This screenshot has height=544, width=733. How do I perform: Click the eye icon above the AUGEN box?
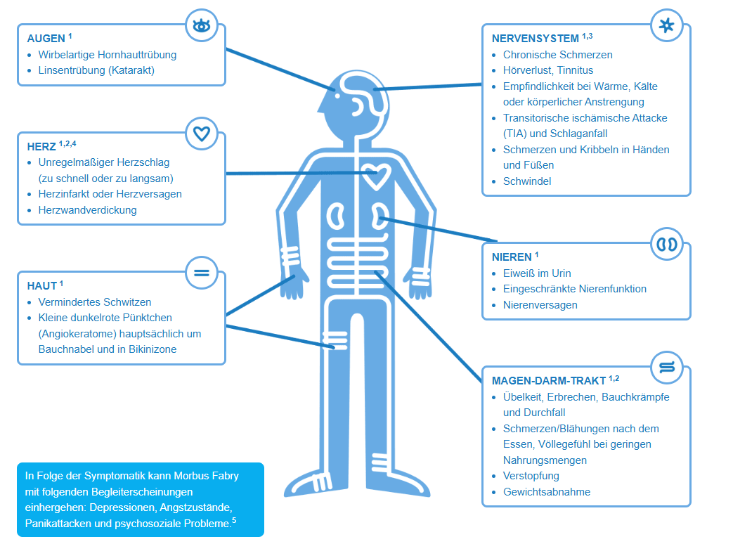[202, 26]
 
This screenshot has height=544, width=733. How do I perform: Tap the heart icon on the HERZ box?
[202, 133]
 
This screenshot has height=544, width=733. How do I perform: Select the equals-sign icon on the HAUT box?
[202, 272]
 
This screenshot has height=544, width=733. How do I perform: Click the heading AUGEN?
[46, 38]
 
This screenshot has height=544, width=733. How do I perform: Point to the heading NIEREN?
[512, 257]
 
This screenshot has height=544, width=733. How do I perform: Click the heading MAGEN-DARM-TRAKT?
[549, 381]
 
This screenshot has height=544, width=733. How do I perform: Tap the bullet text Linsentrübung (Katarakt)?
[96, 70]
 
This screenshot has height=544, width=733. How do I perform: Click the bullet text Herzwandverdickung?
[88, 209]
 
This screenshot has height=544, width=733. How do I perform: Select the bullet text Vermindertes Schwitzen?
[95, 302]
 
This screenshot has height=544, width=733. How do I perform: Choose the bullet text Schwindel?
[527, 181]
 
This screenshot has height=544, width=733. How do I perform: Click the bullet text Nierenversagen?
[540, 305]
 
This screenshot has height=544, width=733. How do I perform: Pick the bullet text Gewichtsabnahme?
[547, 492]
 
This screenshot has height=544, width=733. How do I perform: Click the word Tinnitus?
[575, 70]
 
